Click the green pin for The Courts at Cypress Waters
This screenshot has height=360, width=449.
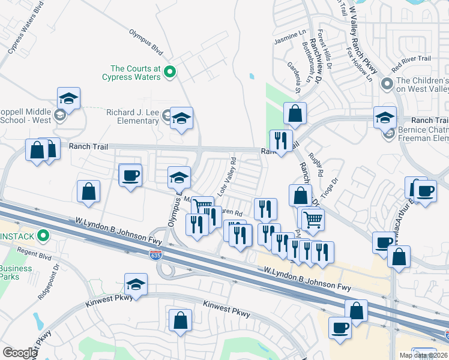click(x=169, y=72)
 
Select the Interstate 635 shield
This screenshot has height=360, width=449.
click(x=155, y=254)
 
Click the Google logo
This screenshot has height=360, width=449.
click(x=20, y=353)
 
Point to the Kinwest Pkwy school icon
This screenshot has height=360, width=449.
click(x=136, y=284)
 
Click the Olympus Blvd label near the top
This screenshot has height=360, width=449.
click(x=146, y=39)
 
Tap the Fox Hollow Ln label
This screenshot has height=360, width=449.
click(x=360, y=65)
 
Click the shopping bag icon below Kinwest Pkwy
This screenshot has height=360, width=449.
click(x=180, y=320)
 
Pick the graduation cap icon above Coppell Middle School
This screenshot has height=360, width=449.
click(x=69, y=98)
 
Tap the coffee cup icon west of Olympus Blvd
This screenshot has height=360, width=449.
click(x=130, y=176)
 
